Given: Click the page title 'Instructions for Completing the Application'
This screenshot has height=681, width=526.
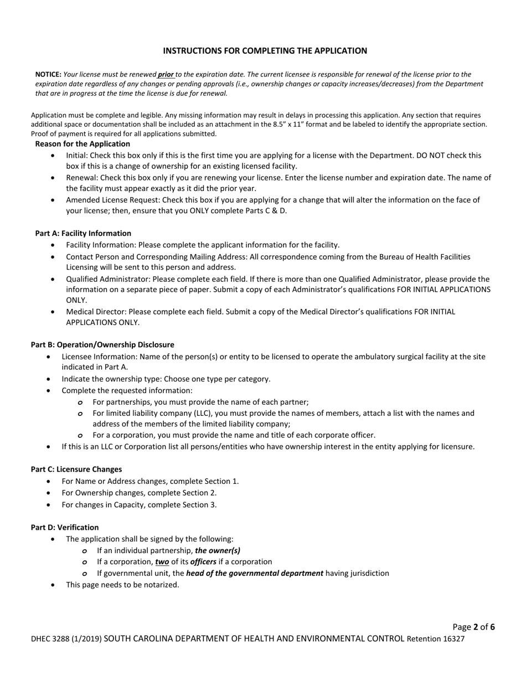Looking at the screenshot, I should point(265,51).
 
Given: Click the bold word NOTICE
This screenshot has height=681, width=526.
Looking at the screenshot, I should point(48,74).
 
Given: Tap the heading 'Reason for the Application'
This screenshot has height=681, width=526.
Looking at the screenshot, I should point(82,144).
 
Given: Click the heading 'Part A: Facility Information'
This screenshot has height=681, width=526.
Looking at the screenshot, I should point(83,233).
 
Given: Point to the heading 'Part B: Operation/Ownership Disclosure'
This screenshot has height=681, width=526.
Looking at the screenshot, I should point(102,345).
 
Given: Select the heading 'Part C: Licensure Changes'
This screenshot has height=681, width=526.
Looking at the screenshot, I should point(76,470).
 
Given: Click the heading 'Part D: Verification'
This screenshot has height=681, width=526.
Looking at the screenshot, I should point(65,528).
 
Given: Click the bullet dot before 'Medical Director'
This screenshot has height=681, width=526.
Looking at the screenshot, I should point(53,312).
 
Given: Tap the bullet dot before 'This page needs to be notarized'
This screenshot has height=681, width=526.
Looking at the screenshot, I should point(53,585).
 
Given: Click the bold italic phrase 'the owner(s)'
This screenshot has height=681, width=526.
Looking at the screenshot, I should point(218,551).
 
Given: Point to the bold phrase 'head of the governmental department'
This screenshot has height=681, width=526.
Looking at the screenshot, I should point(255,574).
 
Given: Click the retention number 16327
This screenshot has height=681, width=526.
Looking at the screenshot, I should point(453,639).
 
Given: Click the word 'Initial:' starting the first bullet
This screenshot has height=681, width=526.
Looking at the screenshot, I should point(78,156).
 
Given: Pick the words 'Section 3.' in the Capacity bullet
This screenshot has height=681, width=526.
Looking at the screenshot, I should point(202,505).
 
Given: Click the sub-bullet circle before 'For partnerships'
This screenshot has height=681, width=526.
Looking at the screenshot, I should point(81,403).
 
